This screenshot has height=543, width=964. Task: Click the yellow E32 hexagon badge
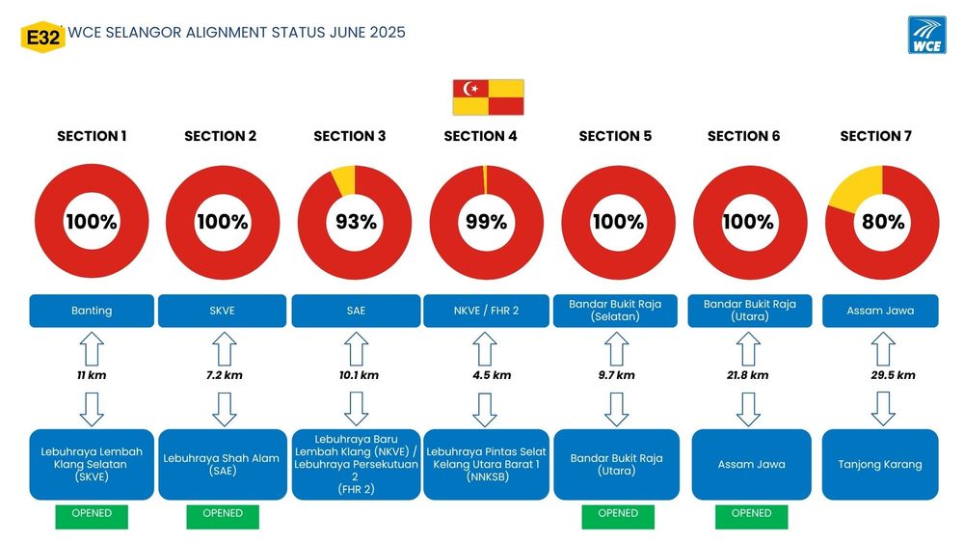point(43,37)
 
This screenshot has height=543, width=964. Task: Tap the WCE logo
point(926,35)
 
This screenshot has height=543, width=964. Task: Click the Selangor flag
point(488,97)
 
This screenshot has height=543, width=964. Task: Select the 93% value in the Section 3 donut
point(356,222)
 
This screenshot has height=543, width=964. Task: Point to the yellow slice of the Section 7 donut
point(856,187)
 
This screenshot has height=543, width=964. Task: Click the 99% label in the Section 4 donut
point(486,222)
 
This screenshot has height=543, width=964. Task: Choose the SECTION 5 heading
point(615,136)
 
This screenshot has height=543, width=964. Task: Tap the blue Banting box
point(92,311)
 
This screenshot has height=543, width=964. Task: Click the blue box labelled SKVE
point(222,311)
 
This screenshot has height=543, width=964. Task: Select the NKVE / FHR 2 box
point(486,311)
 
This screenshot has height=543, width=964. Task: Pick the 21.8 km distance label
point(748,375)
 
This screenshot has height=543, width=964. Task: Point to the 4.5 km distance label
point(492,375)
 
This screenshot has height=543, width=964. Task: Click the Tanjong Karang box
point(880,464)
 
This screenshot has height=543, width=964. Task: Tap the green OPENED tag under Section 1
point(92,517)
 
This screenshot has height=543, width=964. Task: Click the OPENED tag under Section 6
point(751,517)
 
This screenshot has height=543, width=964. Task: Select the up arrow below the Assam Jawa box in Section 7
point(883,349)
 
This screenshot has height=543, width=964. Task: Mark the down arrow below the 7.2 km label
point(225,410)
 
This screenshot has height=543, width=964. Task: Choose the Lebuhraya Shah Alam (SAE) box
point(223,464)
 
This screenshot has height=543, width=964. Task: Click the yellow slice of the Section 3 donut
point(344,179)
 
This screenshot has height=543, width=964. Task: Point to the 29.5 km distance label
point(893,375)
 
